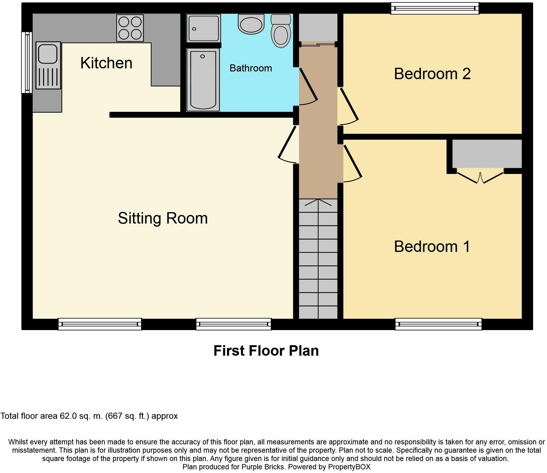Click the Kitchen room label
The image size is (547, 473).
coord(106,63)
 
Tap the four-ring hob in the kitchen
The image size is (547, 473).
coord(130,28)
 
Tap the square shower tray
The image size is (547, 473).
coord(203,28)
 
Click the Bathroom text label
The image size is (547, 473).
coord(251,68)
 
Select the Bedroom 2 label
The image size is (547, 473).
coord(432,74)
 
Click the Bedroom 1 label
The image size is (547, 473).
coord(432,247)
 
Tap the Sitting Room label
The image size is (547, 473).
coord(163,218)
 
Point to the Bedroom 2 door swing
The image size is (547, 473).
coord(349,106)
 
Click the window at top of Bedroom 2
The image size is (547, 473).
coord(435,8)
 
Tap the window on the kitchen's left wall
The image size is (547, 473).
coord(27,63)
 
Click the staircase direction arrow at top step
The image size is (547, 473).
coord(318,202)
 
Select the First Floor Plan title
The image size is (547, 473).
coord(266,351)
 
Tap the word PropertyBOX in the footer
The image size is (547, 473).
coord(349,467)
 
